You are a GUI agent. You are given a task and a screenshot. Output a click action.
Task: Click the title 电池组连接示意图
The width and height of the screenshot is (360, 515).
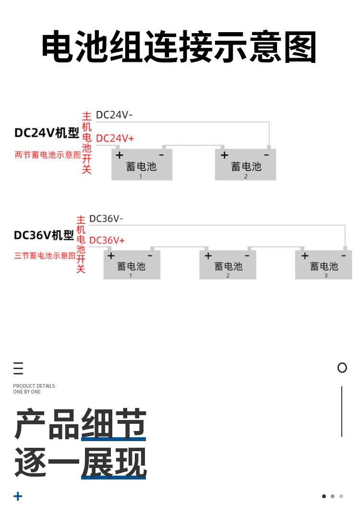point(179,48)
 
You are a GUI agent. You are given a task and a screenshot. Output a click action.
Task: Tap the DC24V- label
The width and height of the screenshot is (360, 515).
point(114,115)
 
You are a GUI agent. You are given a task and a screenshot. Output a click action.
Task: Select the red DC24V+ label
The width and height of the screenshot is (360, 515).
point(115,138)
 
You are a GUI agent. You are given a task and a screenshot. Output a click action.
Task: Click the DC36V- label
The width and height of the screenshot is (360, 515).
point(106,218)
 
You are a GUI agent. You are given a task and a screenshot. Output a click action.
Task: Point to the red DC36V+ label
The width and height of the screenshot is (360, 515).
point(107,240)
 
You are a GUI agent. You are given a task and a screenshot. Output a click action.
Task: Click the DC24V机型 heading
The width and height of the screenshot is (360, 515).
point(47,132)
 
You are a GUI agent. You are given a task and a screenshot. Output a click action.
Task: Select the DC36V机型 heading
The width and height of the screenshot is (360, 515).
point(44,235)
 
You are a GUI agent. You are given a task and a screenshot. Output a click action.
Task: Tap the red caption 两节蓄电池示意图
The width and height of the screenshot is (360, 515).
point(48,155)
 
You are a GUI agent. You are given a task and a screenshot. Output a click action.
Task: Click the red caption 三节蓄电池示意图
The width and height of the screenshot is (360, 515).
point(45,256)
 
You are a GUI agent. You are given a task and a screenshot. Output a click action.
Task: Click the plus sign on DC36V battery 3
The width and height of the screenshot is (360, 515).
point(305,256)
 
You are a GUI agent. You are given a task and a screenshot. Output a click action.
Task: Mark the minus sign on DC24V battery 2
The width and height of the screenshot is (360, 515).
point(266,155)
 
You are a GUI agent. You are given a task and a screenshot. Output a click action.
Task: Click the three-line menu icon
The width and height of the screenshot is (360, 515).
point(18,368)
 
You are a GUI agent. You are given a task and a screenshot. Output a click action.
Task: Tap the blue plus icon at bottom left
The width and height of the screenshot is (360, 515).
point(18,496)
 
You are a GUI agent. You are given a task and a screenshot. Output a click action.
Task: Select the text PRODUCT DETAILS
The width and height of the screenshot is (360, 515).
point(34,386)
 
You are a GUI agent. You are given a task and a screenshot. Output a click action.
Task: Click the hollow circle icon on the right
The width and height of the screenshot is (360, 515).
point(342,368)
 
